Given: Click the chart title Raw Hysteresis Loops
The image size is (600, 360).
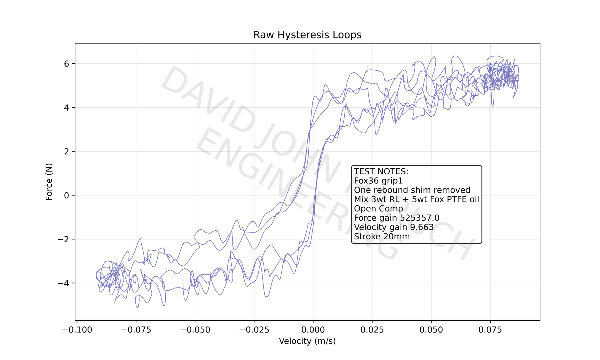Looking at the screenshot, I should point(307,35).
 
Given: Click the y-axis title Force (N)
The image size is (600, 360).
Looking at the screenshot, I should point(49,182).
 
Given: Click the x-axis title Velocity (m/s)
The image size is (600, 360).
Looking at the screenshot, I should point(307,341).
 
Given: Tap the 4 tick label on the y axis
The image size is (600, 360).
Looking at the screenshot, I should point(66,108).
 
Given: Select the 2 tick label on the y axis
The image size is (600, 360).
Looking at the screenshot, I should point(66,152).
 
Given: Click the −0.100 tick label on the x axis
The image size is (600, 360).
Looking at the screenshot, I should point(77,330).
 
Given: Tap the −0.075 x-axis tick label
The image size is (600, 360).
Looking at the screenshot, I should point(136,330).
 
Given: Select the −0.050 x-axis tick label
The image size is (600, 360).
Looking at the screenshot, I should point(195,330).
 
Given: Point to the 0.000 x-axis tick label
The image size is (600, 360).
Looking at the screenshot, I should point(313,330).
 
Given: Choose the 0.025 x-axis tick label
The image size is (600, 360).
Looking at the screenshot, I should point(372,330).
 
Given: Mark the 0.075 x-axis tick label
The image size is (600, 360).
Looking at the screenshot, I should point(490,330).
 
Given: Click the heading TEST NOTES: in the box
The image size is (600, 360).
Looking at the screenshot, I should point(381,172).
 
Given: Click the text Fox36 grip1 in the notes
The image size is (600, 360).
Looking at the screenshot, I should point(378,181).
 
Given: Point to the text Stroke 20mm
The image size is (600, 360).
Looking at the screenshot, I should point(382,237).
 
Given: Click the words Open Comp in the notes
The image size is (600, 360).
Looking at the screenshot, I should point(378,208).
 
